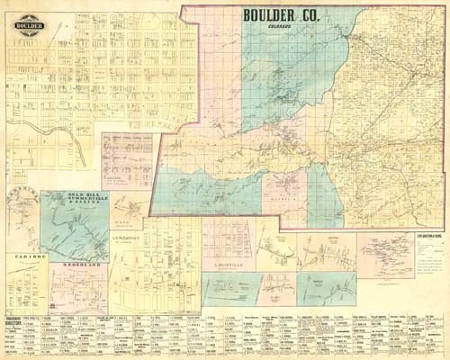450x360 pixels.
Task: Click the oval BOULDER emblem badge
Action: pos(29,24)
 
